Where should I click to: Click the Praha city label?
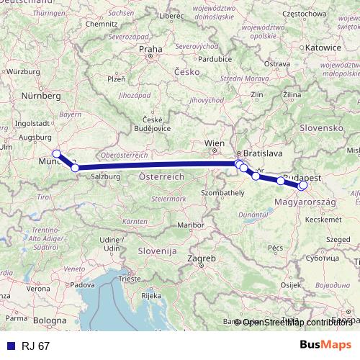(151, 50)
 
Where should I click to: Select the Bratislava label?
(263, 154)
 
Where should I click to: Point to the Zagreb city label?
(202, 258)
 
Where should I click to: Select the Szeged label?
(337, 239)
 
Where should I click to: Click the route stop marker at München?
(56, 153)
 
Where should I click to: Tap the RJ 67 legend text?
(36, 346)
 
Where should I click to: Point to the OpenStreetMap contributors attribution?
(296, 323)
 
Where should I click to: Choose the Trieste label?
(131, 278)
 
